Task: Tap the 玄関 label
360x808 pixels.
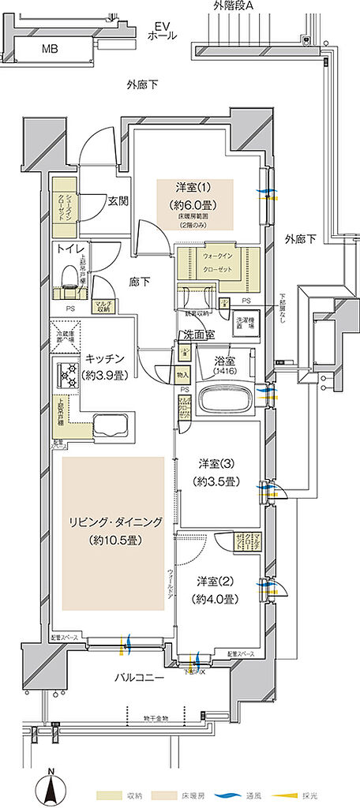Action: click(x=118, y=200)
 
